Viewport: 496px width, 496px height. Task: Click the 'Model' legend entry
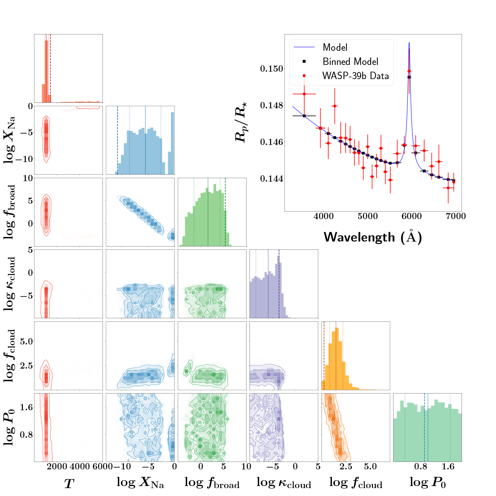(335, 47)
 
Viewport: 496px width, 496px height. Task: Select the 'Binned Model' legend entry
(350, 62)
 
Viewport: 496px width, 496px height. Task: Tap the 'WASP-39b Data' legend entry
(355, 76)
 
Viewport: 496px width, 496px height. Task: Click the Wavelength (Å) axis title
(373, 237)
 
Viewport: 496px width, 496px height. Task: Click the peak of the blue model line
(409, 42)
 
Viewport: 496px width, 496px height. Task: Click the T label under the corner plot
(68, 484)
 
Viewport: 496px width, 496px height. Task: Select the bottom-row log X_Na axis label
(140, 483)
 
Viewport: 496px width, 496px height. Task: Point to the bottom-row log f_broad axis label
(212, 483)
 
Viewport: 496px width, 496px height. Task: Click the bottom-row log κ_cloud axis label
(284, 483)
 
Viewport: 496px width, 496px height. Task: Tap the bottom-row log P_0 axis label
(428, 483)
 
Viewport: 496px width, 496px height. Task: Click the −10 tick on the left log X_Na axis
(23, 159)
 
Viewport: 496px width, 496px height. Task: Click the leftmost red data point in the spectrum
(304, 94)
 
